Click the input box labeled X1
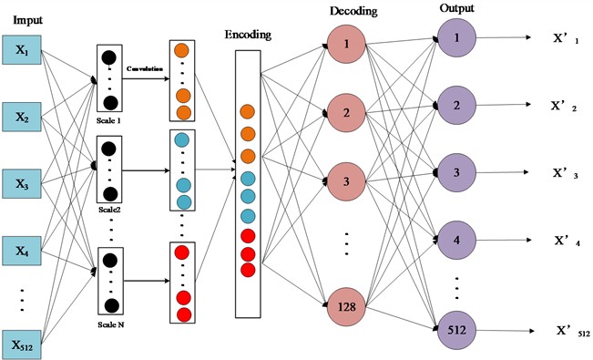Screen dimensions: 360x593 point(22,49)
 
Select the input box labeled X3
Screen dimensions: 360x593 point(22,182)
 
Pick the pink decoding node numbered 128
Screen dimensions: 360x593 point(347,307)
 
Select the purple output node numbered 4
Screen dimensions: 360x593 point(455,242)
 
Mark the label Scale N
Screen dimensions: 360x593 point(108,324)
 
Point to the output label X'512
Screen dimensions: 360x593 point(564,333)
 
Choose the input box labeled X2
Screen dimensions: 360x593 point(22,116)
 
